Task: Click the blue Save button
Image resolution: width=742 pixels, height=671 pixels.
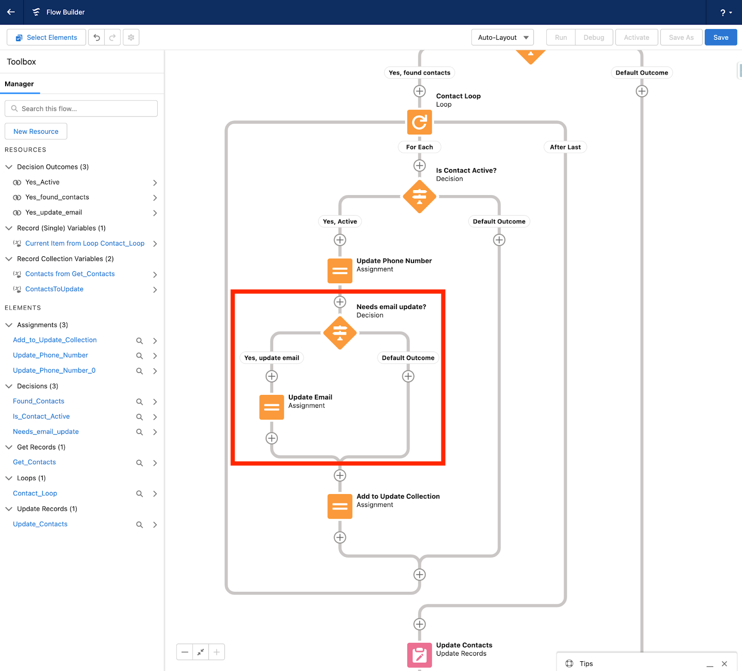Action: pyautogui.click(x=720, y=38)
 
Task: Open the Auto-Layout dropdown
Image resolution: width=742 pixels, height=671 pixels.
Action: pyautogui.click(x=502, y=38)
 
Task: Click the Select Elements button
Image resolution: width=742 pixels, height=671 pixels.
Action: pyautogui.click(x=46, y=38)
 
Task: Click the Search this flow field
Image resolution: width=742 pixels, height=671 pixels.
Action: pyautogui.click(x=81, y=108)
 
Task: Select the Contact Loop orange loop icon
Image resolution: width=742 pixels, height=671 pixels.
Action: pyautogui.click(x=419, y=122)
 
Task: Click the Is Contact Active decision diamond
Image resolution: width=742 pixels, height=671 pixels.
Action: pyautogui.click(x=419, y=196)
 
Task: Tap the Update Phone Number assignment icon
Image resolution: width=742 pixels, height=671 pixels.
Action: pyautogui.click(x=339, y=271)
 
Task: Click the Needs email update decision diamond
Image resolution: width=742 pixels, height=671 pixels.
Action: pyautogui.click(x=339, y=333)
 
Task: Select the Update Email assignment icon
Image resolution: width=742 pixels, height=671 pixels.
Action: pyautogui.click(x=271, y=407)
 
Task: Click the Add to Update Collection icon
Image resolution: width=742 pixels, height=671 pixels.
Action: pyautogui.click(x=339, y=506)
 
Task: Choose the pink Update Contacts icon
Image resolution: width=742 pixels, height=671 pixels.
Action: pyautogui.click(x=419, y=655)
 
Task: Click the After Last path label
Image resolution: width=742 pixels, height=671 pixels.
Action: pyautogui.click(x=565, y=147)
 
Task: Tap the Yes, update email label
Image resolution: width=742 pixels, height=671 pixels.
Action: pyautogui.click(x=272, y=358)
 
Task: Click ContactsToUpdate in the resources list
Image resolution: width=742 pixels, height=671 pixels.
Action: pyautogui.click(x=54, y=289)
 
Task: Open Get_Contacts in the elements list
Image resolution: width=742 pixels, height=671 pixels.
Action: pyautogui.click(x=34, y=462)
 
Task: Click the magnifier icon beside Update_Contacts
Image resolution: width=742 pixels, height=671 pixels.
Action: pyautogui.click(x=139, y=525)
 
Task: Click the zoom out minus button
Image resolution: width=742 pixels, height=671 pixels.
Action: pyautogui.click(x=185, y=652)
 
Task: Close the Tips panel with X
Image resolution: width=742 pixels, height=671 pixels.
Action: pyautogui.click(x=724, y=664)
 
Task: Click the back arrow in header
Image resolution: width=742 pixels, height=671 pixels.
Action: pyautogui.click(x=11, y=12)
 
